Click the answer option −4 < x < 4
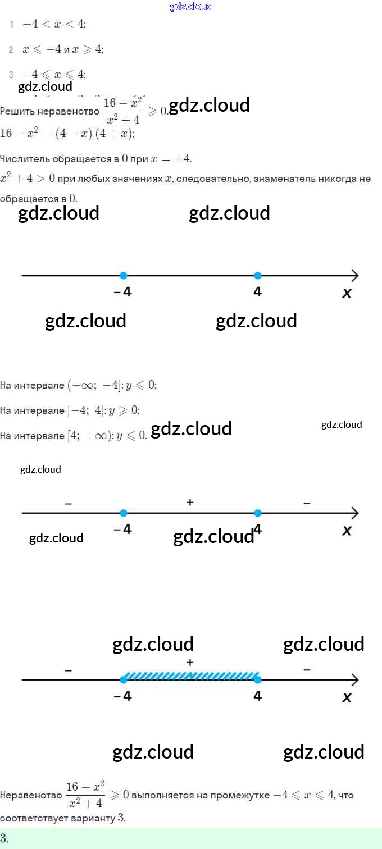(x=54, y=24)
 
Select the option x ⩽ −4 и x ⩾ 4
(x=62, y=49)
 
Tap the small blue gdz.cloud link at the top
(x=191, y=6)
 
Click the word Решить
(x=16, y=111)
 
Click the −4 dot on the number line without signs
(x=124, y=275)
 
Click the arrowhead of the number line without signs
(x=354, y=275)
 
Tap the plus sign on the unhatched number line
(x=190, y=503)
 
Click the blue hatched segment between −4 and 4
(x=191, y=675)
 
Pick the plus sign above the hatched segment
(x=190, y=663)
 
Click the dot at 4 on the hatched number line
(x=258, y=679)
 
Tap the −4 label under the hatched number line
(x=122, y=696)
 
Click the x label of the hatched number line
(x=347, y=697)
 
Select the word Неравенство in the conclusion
(x=31, y=795)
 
